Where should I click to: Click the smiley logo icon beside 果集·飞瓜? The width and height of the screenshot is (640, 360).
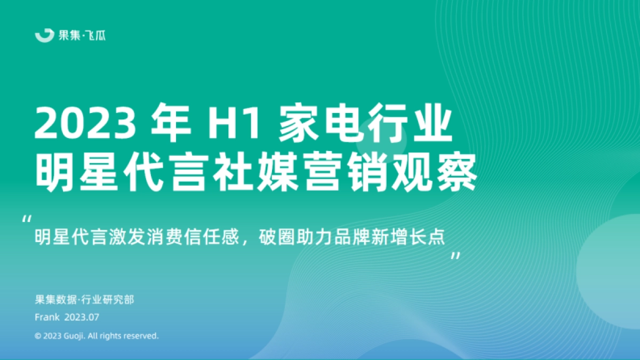(x=44, y=35)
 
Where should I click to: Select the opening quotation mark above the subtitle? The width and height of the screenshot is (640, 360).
(x=28, y=219)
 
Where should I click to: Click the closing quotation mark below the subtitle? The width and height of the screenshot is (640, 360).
(x=455, y=257)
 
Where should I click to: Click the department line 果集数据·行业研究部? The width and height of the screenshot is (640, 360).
(x=84, y=300)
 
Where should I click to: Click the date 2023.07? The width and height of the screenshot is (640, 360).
(x=82, y=317)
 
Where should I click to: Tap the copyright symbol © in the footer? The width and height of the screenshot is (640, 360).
(x=38, y=336)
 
